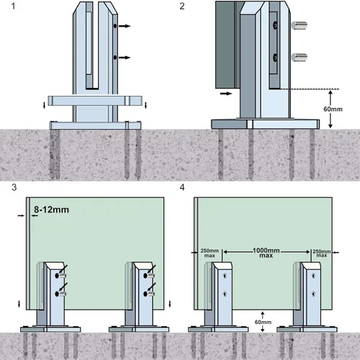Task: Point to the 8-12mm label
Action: [53, 210]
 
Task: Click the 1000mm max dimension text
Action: [267, 253]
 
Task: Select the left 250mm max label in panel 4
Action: [208, 253]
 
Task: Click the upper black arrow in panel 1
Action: [125, 27]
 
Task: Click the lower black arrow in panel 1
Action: [125, 57]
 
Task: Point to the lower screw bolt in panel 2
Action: [299, 59]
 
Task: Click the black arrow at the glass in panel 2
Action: [225, 94]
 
